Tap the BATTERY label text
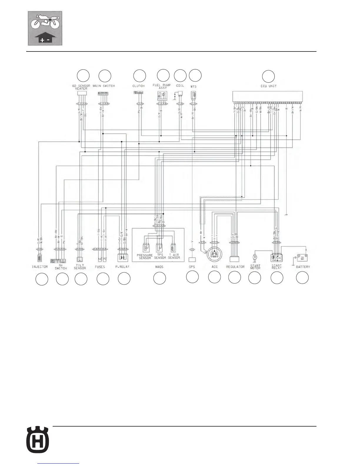coord(303,267)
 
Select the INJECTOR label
coord(40,267)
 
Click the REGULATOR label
coord(235,267)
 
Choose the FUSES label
coord(100,267)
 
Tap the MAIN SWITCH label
coord(104,86)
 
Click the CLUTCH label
coord(139,86)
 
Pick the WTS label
coord(194,86)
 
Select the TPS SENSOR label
coord(160,256)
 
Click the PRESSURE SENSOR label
coord(145,256)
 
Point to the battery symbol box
coord(302,258)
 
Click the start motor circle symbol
coord(255,257)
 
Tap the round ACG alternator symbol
coord(215,254)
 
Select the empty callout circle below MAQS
coord(159,278)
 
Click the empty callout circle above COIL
coord(180,76)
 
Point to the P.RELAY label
coord(123,267)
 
